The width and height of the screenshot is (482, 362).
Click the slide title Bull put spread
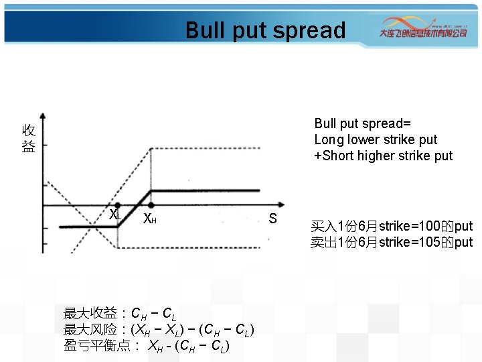[x=265, y=31]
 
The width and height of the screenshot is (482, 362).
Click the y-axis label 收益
[x=28, y=138]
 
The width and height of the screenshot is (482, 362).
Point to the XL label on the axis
[x=115, y=215]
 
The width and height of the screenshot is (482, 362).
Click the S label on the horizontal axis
[x=272, y=219]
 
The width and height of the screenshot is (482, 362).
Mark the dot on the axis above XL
[x=118, y=205]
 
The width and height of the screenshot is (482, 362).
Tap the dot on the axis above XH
[x=151, y=205]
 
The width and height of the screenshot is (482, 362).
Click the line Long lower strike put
[x=376, y=139]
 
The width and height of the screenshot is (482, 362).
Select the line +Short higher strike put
[x=383, y=156]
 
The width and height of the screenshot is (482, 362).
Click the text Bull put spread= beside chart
[x=362, y=123]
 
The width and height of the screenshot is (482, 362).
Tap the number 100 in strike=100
[x=422, y=226]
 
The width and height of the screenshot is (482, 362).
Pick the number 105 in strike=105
[x=422, y=242]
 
